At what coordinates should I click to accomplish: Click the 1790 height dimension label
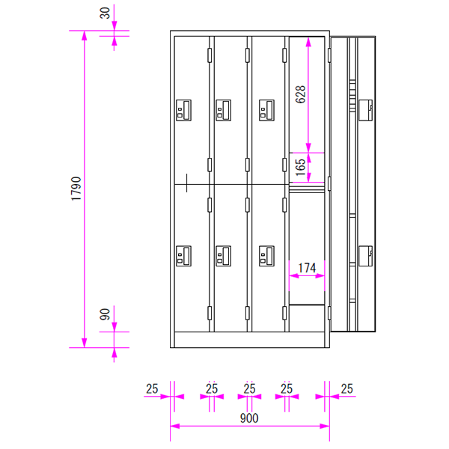(x=76, y=189)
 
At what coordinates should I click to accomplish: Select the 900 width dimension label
(x=249, y=418)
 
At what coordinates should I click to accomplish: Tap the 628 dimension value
(x=301, y=94)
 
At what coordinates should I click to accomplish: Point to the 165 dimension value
(x=301, y=167)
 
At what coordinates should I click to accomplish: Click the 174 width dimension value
(x=307, y=268)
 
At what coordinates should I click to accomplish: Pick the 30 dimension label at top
(x=105, y=13)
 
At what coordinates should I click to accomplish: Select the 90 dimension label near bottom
(x=105, y=314)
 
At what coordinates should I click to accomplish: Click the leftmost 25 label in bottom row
(x=152, y=389)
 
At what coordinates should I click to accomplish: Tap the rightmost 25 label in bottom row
(x=346, y=389)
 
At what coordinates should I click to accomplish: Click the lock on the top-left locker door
(x=183, y=110)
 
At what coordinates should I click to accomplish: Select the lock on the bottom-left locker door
(x=183, y=256)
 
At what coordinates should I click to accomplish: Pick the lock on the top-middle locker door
(x=223, y=110)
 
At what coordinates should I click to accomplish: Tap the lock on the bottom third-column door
(x=266, y=256)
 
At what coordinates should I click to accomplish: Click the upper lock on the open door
(x=366, y=110)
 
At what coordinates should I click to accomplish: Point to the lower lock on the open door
(x=366, y=256)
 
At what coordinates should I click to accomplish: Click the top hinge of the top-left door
(x=210, y=55)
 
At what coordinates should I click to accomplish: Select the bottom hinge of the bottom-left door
(x=210, y=313)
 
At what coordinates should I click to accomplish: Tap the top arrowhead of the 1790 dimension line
(x=84, y=35)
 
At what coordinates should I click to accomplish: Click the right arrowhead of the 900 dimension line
(x=325, y=426)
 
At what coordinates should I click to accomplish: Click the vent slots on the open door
(x=352, y=96)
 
